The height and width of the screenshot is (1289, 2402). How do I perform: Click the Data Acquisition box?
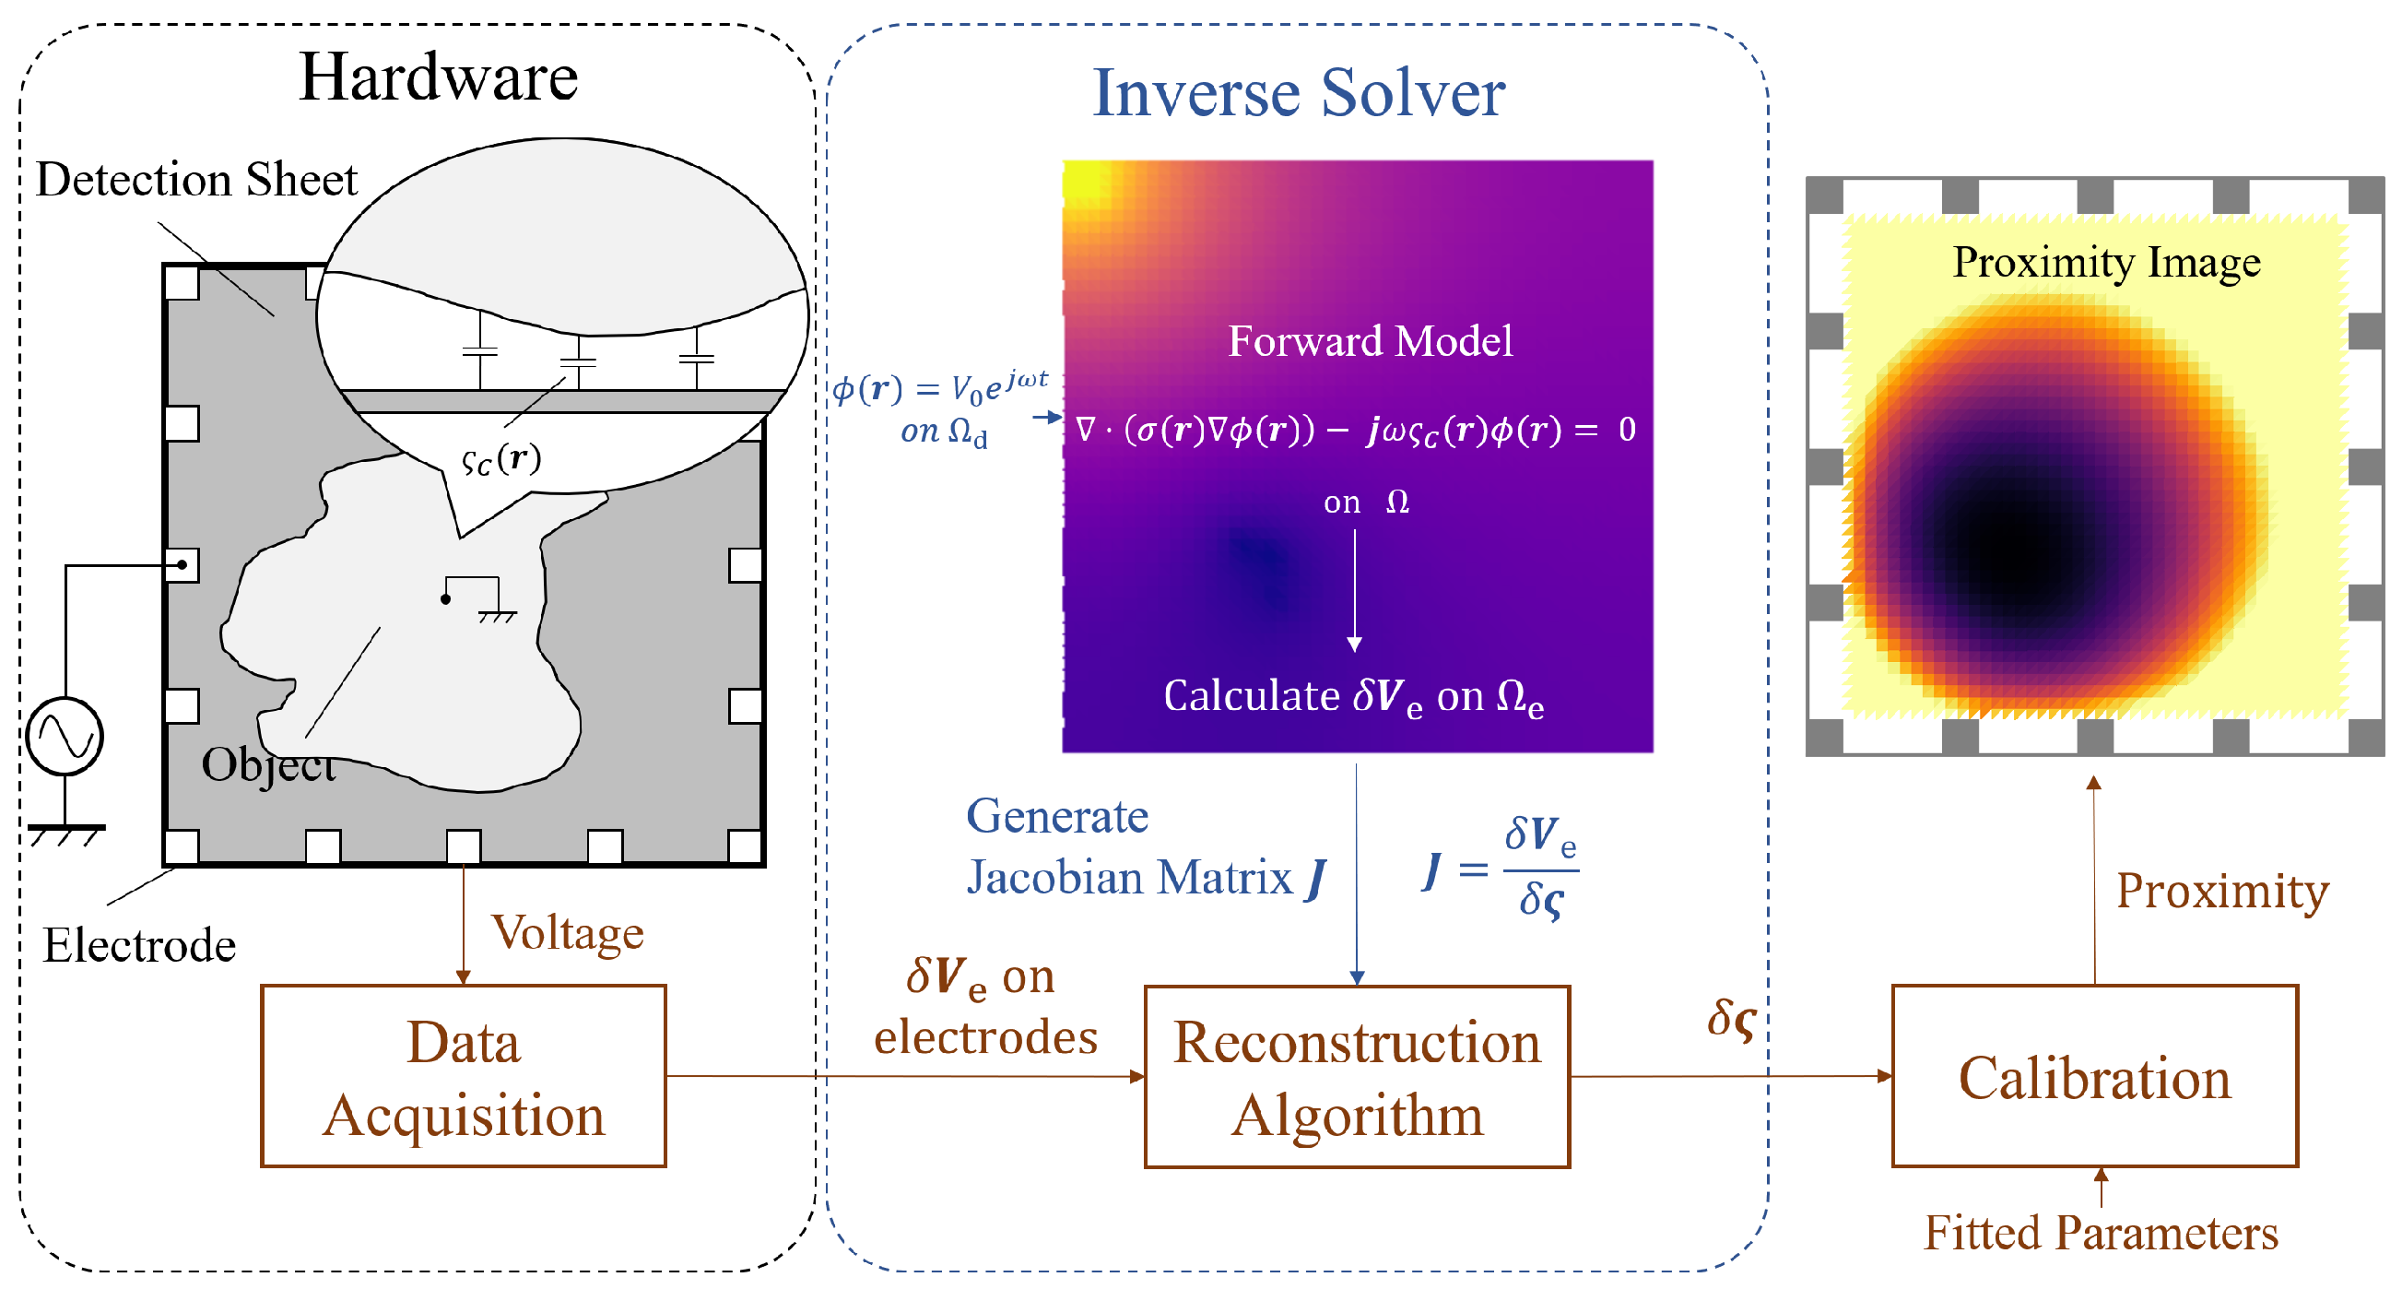click(x=464, y=1075)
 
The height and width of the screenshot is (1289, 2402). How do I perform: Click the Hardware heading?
click(x=438, y=77)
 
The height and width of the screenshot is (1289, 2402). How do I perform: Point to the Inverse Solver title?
click(x=1298, y=93)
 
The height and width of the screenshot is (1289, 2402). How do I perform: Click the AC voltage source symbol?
click(x=65, y=736)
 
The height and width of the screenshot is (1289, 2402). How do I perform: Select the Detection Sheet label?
click(x=195, y=179)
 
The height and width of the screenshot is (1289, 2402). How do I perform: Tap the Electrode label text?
click(x=139, y=945)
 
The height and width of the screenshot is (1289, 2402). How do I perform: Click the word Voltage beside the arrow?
click(x=567, y=932)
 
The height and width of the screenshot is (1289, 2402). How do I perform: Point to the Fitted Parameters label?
click(x=2101, y=1232)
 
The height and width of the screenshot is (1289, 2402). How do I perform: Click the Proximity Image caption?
click(x=2106, y=262)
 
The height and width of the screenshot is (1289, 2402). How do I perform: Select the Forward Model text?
click(x=1370, y=340)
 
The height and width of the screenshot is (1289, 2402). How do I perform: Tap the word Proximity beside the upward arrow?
click(x=2222, y=891)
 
